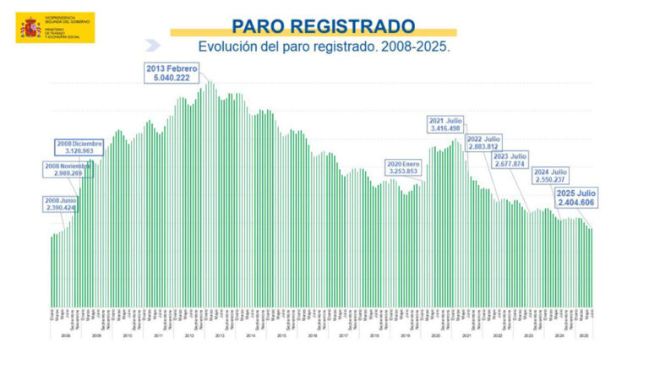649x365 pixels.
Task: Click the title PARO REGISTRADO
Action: click(x=324, y=26)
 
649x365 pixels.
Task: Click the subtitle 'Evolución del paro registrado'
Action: click(x=324, y=47)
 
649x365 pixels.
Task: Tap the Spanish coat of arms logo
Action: click(x=30, y=28)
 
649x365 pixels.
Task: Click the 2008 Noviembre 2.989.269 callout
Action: click(x=67, y=169)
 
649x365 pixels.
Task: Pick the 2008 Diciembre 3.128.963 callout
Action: click(x=80, y=147)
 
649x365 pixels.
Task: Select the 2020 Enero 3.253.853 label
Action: click(x=402, y=166)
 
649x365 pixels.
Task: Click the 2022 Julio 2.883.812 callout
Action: click(x=484, y=142)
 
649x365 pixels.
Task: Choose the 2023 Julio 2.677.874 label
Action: click(x=510, y=161)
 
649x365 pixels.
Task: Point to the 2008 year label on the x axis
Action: click(x=65, y=335)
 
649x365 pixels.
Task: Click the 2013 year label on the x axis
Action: click(x=219, y=335)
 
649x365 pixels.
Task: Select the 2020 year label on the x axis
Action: click(x=435, y=335)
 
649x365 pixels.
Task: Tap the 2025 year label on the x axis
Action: click(x=583, y=335)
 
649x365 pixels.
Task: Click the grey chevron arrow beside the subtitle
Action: click(x=152, y=46)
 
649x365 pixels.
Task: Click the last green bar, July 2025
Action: click(x=592, y=267)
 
